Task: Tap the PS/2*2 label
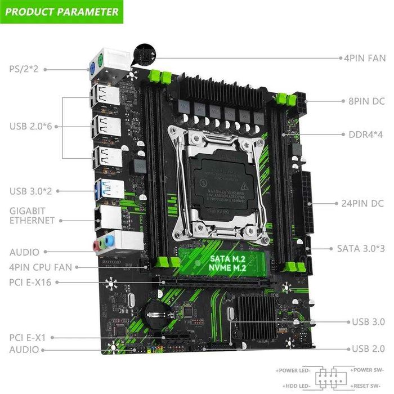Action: click(x=23, y=69)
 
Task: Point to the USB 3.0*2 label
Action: click(x=32, y=191)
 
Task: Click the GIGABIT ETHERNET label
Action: click(x=32, y=215)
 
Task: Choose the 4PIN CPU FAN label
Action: click(x=40, y=267)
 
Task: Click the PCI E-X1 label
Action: click(x=26, y=338)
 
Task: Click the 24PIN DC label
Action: click(x=362, y=203)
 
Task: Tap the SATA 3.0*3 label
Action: click(x=360, y=248)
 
